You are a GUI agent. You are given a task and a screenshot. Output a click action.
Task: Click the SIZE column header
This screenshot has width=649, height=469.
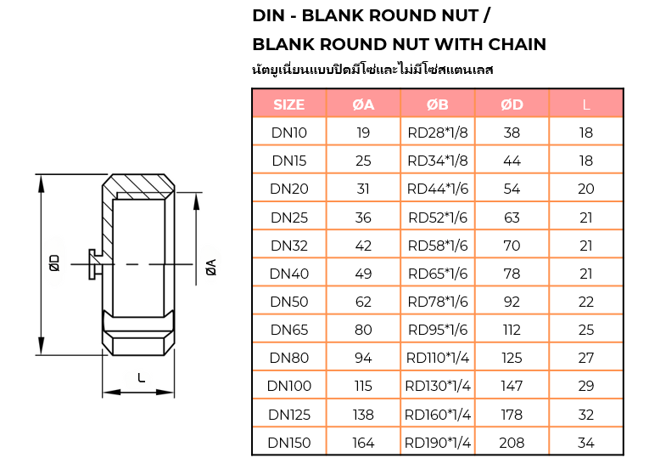tap(289, 105)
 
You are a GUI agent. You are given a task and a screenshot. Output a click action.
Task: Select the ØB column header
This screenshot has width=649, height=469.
tap(438, 105)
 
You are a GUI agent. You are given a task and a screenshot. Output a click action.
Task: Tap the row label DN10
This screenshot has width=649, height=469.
tap(289, 133)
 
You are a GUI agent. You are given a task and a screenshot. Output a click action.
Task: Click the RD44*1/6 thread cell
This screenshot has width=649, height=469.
tap(438, 189)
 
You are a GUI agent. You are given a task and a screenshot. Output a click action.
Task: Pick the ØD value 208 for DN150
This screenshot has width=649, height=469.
tap(512, 443)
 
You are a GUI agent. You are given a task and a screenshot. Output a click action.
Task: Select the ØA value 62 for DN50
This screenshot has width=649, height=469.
tap(363, 302)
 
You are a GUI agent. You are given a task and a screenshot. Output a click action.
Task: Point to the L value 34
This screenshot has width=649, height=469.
tap(585, 443)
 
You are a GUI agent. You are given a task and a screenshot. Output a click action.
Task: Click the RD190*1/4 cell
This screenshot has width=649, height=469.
tap(438, 443)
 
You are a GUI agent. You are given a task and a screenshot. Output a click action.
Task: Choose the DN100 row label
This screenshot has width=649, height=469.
tap(289, 386)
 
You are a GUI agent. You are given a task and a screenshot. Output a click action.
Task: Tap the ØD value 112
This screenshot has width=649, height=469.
tap(512, 330)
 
